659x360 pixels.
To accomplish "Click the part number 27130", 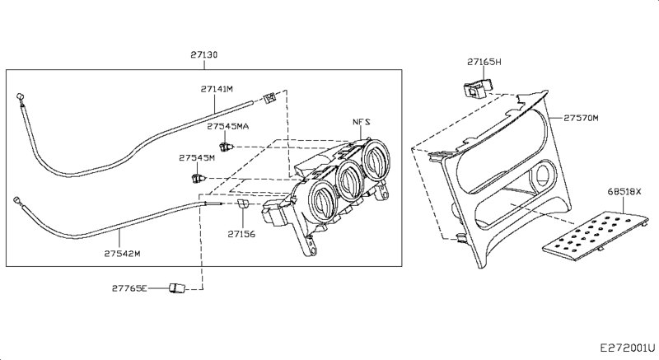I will pyautogui.click(x=204, y=54).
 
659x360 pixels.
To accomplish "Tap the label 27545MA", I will pyautogui.click(x=227, y=127).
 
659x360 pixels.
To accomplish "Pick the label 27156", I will pyautogui.click(x=242, y=234).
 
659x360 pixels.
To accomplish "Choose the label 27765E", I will pyautogui.click(x=130, y=288).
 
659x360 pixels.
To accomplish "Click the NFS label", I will pyautogui.click(x=363, y=121).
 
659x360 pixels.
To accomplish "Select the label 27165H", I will pyautogui.click(x=484, y=62).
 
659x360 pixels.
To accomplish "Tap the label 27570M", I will pyautogui.click(x=582, y=118).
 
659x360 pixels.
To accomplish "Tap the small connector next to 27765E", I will pyautogui.click(x=176, y=288).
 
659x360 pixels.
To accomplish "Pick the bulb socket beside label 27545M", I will pyautogui.click(x=197, y=176).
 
